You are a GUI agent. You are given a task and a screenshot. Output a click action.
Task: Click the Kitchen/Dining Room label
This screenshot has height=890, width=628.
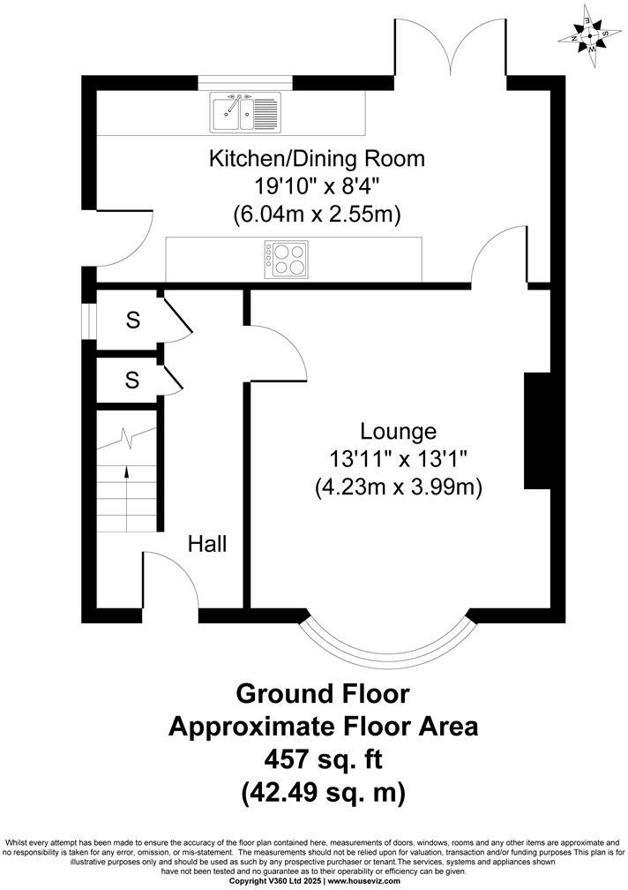(x=317, y=159)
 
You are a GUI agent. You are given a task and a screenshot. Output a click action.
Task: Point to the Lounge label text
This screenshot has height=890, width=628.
(x=398, y=432)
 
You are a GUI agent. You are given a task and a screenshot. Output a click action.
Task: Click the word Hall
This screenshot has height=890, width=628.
(x=206, y=544)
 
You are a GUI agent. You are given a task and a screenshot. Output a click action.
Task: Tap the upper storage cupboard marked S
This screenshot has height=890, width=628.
(x=132, y=320)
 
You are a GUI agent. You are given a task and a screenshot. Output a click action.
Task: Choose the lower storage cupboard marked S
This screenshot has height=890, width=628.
(x=132, y=380)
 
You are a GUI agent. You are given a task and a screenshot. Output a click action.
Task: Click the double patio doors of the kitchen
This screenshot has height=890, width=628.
(x=450, y=49)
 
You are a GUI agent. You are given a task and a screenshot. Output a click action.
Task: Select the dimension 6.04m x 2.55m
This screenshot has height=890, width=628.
(x=317, y=214)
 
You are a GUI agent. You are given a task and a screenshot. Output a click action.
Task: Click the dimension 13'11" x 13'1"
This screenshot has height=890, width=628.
(x=398, y=459)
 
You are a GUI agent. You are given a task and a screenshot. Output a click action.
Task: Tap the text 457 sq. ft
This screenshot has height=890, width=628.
(x=323, y=758)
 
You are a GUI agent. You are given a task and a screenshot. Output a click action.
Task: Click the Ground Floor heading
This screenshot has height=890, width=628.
(x=323, y=693)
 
